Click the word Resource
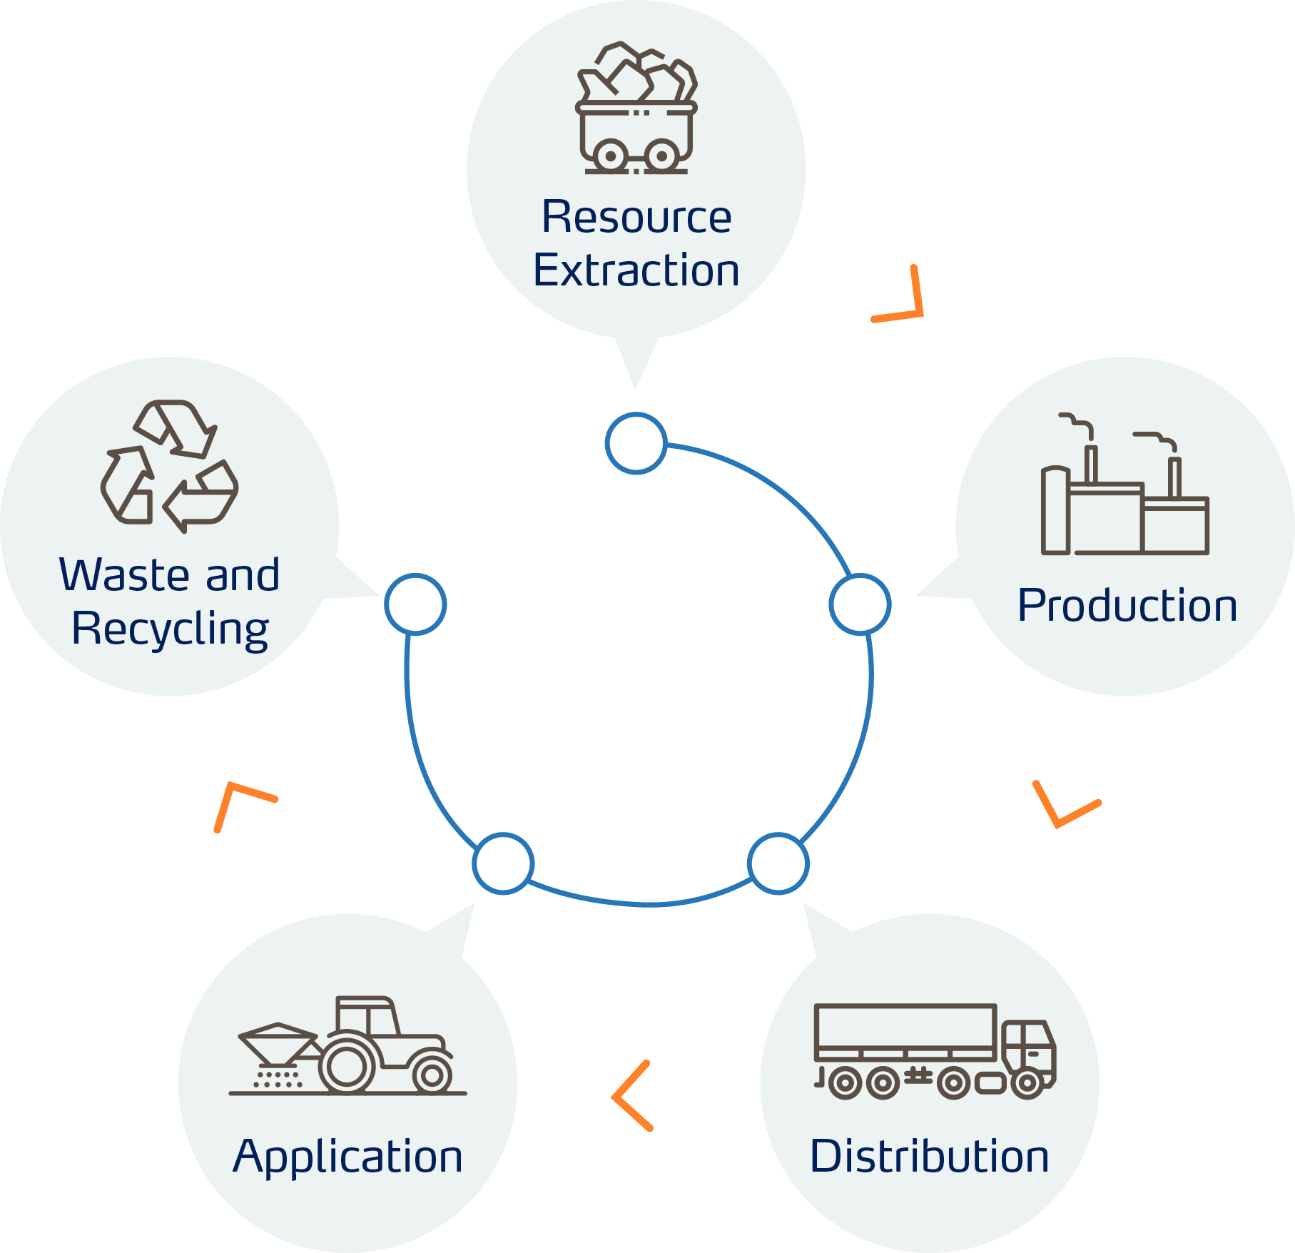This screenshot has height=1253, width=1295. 636,217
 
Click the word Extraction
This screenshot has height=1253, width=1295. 636,270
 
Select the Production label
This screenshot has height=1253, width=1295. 1127,606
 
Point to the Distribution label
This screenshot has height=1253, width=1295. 929,1157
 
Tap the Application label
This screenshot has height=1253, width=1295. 347,1157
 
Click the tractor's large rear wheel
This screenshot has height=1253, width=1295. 347,1066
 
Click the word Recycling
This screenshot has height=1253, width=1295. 170,629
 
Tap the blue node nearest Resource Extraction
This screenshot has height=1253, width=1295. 636,443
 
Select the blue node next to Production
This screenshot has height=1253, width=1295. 860,604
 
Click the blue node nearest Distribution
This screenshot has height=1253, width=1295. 778,863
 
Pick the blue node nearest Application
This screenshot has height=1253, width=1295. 503,863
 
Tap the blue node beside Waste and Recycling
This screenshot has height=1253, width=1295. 415,604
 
